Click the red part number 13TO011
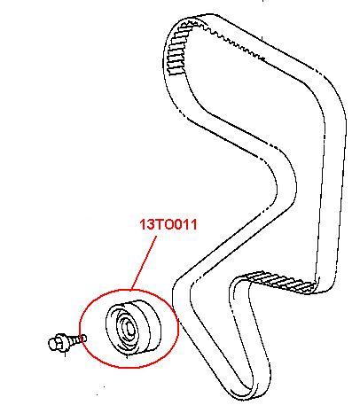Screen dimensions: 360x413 (x=168, y=225)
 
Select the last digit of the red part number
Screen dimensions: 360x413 (x=193, y=225)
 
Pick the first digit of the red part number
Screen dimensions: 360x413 (x=142, y=225)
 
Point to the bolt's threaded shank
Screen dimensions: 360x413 (x=74, y=339)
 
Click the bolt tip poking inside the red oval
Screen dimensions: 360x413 (x=83, y=338)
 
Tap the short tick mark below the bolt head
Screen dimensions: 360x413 (x=65, y=353)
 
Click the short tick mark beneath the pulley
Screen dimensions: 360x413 (x=127, y=356)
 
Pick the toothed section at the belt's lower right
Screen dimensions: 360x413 (x=279, y=281)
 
